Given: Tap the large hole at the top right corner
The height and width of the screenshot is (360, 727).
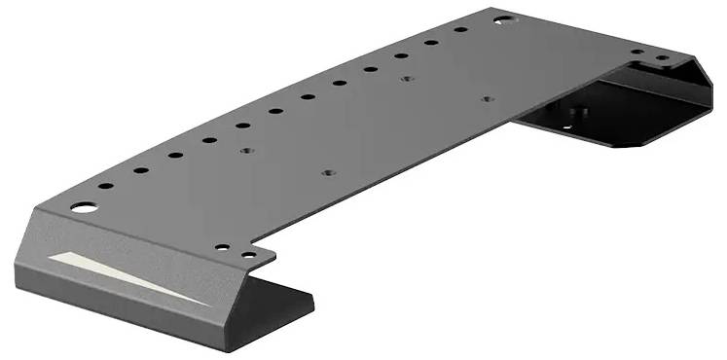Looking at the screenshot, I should (x=501, y=18).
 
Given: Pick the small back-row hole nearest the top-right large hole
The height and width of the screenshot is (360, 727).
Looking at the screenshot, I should (x=461, y=30).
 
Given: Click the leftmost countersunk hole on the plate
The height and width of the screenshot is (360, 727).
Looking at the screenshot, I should (x=246, y=152).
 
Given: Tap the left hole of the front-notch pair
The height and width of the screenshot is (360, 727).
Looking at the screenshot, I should (x=223, y=247).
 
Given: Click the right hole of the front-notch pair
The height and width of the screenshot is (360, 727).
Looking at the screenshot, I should (x=249, y=255).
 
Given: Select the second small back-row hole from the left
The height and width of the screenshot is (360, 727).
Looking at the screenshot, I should (x=141, y=170).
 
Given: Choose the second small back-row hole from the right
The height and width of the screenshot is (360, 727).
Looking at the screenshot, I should (x=431, y=42).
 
